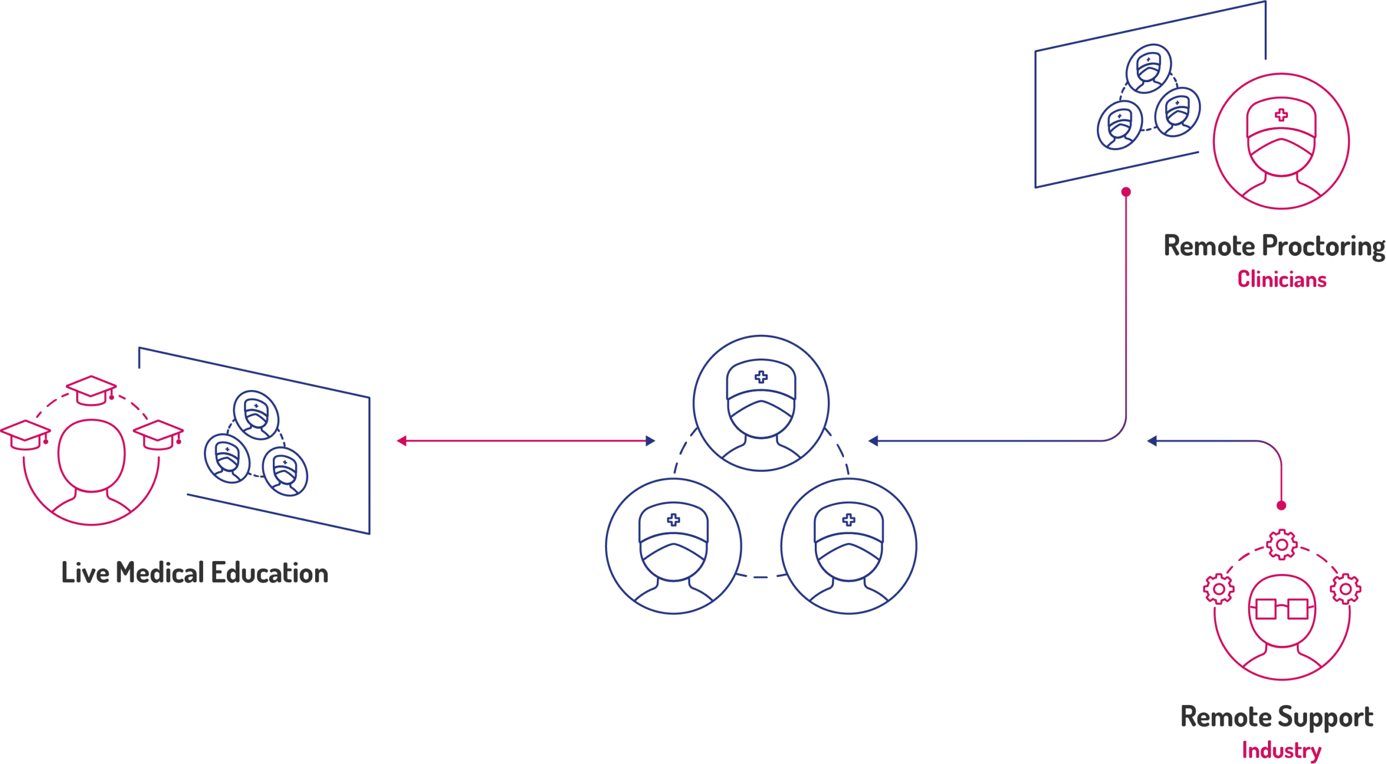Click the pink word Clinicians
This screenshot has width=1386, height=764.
[x=1282, y=280]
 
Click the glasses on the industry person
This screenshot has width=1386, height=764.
[x=1281, y=609]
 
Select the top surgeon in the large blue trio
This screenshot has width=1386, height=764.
[x=761, y=403]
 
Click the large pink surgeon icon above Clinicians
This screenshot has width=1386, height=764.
[x=1281, y=142]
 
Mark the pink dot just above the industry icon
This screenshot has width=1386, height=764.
[x=1281, y=507]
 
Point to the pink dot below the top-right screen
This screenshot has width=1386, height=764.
[x=1127, y=192]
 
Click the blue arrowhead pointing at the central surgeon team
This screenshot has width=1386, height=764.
[x=872, y=442]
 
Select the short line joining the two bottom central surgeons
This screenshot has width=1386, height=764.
[x=761, y=577]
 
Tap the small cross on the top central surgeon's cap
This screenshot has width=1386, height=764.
[x=761, y=375]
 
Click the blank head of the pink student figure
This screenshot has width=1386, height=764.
[x=91, y=455]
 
